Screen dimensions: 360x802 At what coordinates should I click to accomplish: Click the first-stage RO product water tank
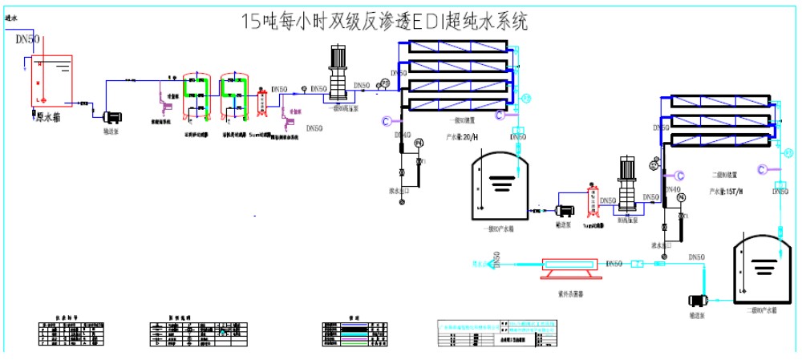(x=499, y=188)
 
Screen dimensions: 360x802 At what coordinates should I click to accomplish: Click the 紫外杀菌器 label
(x=570, y=293)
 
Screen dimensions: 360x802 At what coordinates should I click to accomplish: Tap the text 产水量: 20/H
(x=463, y=137)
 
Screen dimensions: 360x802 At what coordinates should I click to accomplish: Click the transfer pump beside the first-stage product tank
(x=565, y=211)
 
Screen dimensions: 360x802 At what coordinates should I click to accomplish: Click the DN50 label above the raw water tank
(x=27, y=39)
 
